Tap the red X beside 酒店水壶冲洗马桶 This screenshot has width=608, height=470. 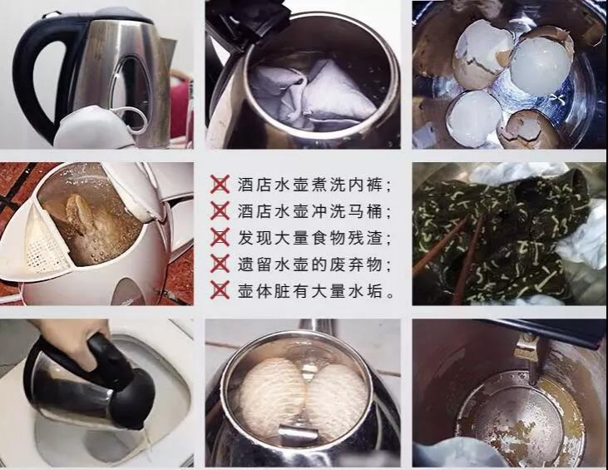pos(220,210)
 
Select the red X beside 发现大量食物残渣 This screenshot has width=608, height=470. pos(220,237)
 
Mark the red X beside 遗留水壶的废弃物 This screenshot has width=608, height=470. pos(220,265)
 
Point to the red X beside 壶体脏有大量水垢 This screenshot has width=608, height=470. pos(220,291)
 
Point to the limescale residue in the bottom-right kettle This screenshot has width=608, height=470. pos(516,416)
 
